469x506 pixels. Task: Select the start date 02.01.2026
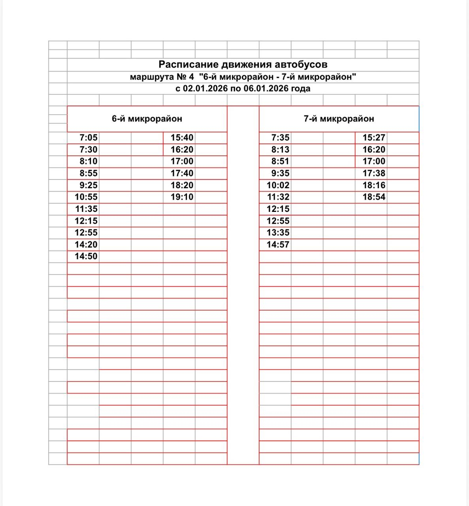click(205, 89)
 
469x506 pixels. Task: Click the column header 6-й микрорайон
click(147, 119)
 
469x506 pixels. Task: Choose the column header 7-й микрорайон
click(339, 119)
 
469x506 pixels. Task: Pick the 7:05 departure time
click(88, 138)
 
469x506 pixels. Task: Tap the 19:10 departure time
click(182, 197)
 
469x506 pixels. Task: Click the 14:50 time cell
click(86, 256)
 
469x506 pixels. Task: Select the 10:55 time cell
click(86, 197)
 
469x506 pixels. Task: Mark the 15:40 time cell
click(182, 138)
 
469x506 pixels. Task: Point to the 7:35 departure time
click(280, 138)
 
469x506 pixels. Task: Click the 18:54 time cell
click(374, 197)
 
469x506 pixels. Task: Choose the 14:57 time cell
click(278, 244)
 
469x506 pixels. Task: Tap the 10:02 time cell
click(278, 185)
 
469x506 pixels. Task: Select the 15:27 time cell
click(374, 138)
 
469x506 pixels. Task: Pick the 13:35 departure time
click(278, 232)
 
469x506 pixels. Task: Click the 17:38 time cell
click(374, 173)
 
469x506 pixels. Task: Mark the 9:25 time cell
click(88, 185)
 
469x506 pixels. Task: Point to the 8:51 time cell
click(280, 161)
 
